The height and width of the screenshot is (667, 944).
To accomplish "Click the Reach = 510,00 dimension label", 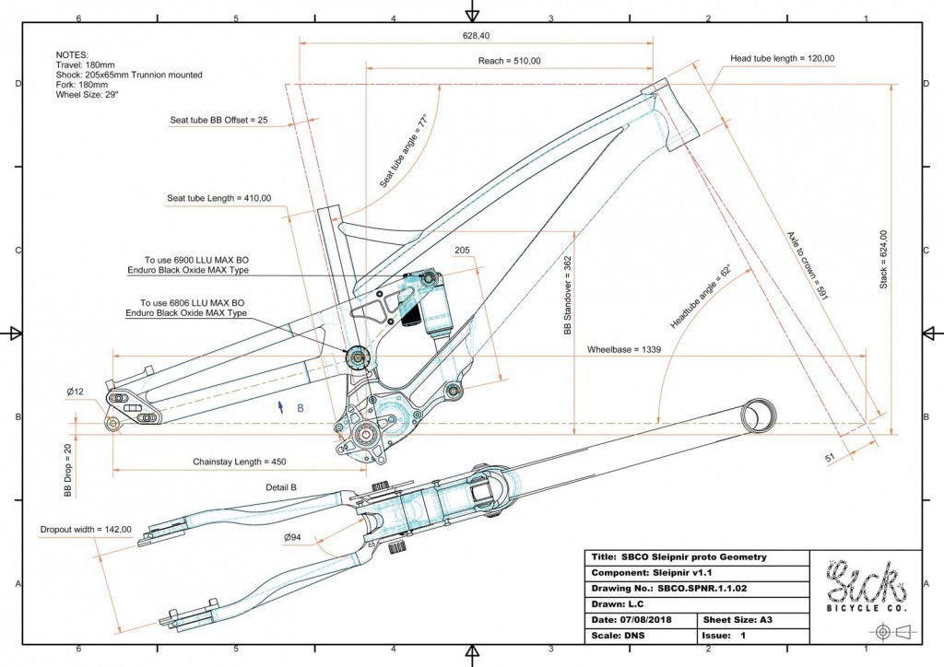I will coord(509,61).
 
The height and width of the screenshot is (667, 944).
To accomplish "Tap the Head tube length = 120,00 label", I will coord(782,58).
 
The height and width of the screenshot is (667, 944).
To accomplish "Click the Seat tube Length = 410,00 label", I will coord(218,198).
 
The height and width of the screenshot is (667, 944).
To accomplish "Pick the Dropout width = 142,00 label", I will coord(87,530).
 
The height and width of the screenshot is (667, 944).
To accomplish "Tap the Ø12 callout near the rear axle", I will coord(76,392).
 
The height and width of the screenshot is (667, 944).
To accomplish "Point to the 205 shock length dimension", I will coord(463,250).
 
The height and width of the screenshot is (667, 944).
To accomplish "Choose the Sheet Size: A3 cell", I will coord(752,619).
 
